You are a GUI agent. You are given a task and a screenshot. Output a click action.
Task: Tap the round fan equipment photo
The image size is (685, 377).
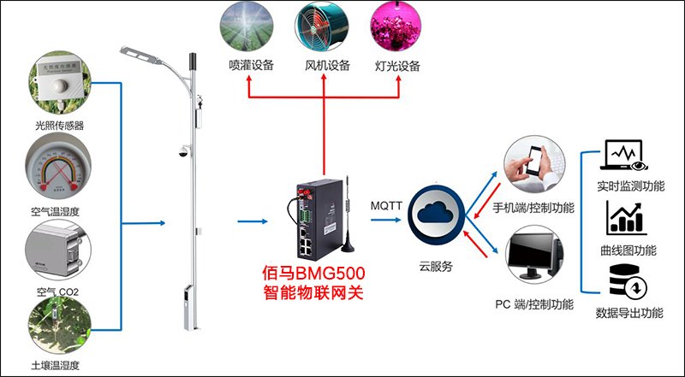coord(323,27)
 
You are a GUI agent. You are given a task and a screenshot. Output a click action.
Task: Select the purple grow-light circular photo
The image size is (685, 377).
coord(398,27)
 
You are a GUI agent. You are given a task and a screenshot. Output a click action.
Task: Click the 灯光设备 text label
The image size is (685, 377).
coord(398,66)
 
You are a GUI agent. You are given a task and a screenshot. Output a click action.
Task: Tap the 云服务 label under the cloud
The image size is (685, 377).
coord(436,266)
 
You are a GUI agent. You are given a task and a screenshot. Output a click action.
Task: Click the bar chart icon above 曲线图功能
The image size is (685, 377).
coord(626,218)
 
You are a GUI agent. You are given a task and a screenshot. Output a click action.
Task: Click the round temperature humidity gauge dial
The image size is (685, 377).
coord(59,167)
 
